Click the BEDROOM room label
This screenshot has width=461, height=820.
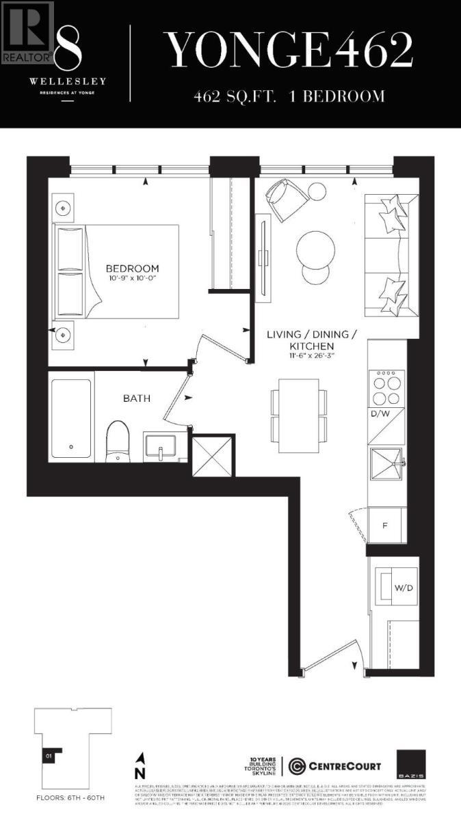coord(132,269)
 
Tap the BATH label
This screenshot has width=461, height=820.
coord(137,398)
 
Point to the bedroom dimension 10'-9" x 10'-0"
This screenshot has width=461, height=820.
coord(132,279)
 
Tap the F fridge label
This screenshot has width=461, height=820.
coord(385,526)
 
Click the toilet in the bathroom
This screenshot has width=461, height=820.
coord(118,441)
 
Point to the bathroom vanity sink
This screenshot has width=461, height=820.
coord(161,448)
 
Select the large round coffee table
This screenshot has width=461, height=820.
coord(315,250)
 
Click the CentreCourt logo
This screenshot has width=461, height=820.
coord(335,765)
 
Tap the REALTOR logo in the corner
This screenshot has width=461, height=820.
coord(27,31)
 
